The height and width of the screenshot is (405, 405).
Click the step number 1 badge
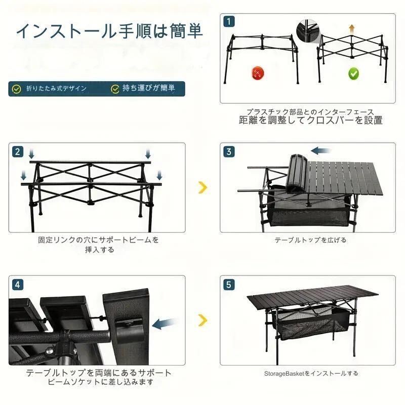(229, 21)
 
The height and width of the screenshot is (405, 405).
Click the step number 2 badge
(18, 151)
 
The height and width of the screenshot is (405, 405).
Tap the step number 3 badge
(229, 151)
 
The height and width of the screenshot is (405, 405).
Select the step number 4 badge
(18, 285)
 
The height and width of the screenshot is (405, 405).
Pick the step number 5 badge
(229, 285)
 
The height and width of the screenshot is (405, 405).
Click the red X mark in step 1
(258, 73)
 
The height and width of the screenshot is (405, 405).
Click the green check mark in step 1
(353, 74)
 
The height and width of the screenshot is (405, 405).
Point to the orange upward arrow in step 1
(351, 29)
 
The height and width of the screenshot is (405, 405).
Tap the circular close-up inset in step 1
(307, 31)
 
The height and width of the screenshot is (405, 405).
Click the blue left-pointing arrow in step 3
(320, 150)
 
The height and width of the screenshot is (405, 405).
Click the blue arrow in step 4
(163, 323)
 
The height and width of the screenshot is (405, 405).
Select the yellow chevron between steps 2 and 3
(203, 187)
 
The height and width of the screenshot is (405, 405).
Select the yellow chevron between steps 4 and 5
(203, 320)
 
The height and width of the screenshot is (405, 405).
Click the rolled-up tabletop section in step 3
(298, 173)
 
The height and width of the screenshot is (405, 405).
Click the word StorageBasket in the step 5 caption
(284, 374)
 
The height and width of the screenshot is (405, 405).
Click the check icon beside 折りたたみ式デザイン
(17, 89)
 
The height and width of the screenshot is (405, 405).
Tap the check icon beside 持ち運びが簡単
(115, 89)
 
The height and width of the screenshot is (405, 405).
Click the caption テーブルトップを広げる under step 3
(310, 240)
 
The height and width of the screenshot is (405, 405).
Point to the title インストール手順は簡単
(109, 31)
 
